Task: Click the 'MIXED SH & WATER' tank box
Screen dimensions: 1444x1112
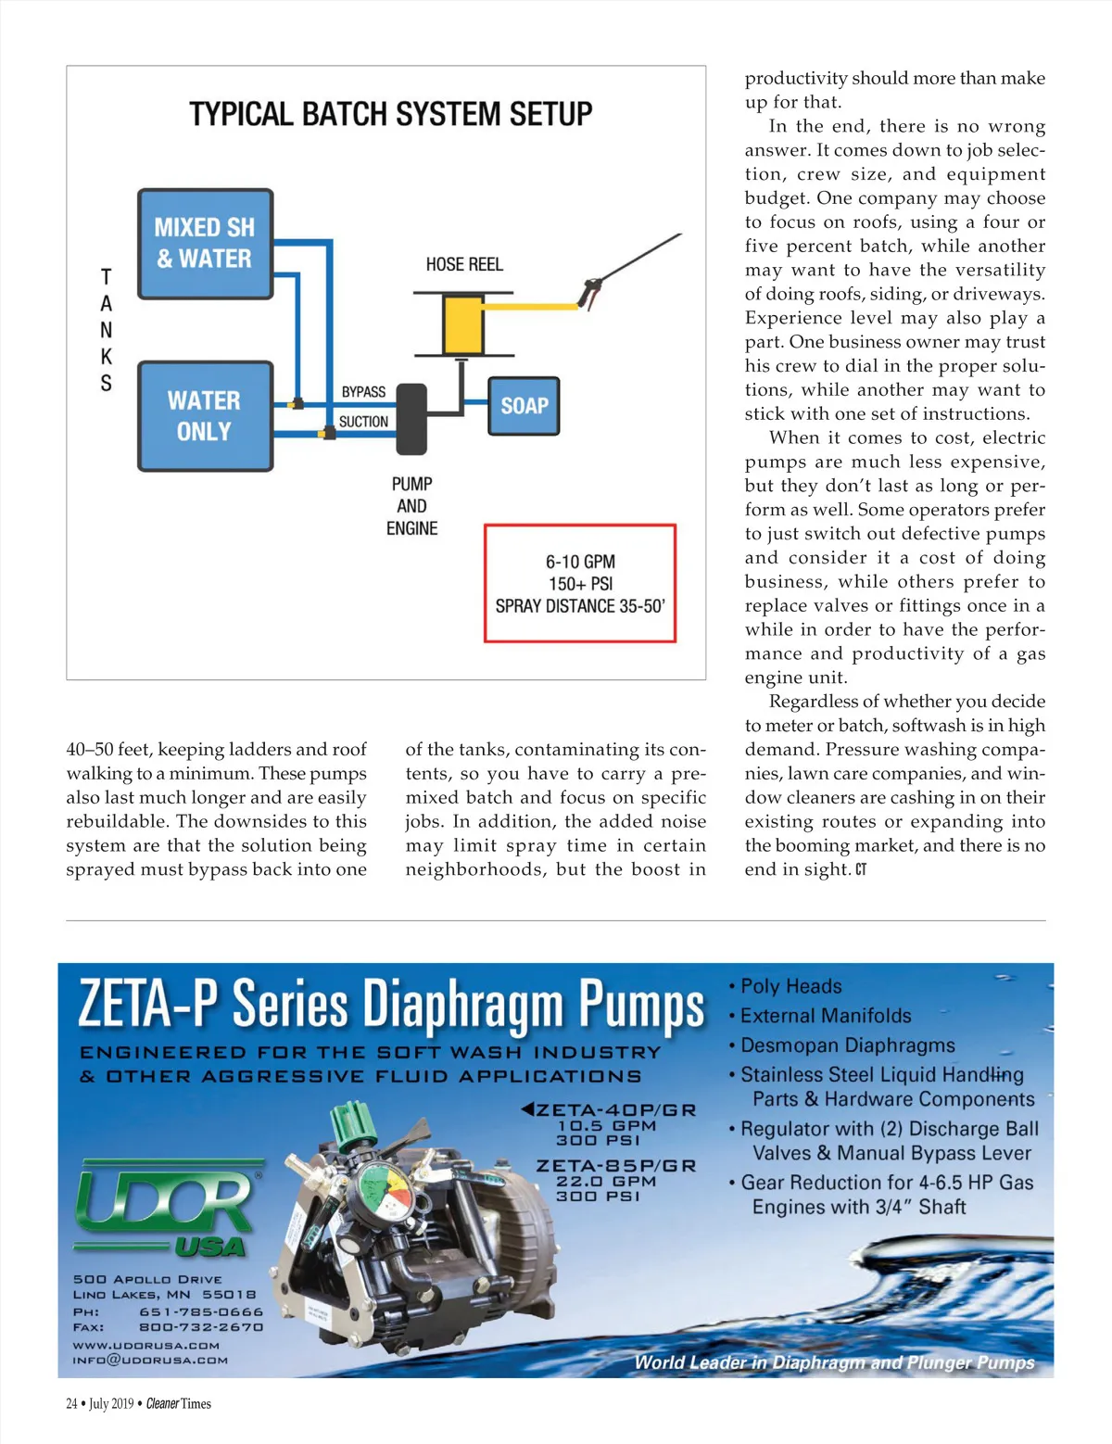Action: tap(205, 244)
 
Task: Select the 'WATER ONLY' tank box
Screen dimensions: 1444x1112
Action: tap(205, 416)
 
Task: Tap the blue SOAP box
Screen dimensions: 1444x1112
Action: tap(524, 406)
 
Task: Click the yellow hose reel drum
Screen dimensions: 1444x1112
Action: tap(462, 323)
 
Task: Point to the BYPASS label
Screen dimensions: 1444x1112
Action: tap(363, 392)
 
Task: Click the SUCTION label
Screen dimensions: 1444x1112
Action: tap(363, 422)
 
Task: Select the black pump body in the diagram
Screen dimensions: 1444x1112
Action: tap(411, 419)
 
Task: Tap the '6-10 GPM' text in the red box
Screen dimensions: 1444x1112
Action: tap(580, 562)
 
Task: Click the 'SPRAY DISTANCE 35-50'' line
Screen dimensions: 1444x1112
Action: tap(580, 606)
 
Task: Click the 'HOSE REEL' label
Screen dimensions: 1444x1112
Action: tap(464, 264)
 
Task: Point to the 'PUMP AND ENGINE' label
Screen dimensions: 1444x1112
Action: tap(412, 506)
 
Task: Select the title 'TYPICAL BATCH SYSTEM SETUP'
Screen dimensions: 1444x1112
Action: tap(390, 114)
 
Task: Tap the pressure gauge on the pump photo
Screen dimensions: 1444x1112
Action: tap(385, 1191)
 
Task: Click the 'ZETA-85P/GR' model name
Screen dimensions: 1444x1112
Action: tap(615, 1166)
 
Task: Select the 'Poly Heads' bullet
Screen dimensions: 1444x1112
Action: tap(790, 986)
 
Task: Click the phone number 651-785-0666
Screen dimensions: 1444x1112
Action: tap(201, 1311)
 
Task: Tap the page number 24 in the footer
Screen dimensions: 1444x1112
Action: tap(71, 1403)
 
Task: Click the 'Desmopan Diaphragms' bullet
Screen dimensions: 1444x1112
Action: tap(847, 1045)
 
